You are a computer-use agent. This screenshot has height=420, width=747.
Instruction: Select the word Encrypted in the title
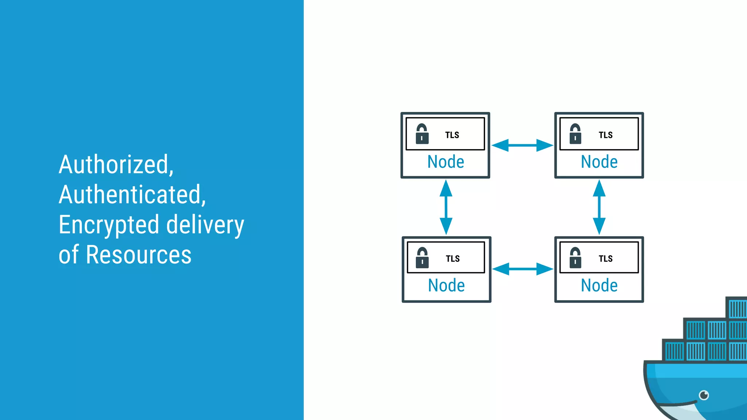(x=109, y=225)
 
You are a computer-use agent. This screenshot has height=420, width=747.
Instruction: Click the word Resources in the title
(x=139, y=255)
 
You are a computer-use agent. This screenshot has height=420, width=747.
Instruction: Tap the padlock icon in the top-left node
(x=422, y=134)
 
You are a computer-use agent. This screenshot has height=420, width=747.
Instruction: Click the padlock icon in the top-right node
(x=575, y=134)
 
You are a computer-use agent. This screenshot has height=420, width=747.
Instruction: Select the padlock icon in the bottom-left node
(x=422, y=258)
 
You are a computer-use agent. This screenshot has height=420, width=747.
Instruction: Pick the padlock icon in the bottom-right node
(x=575, y=258)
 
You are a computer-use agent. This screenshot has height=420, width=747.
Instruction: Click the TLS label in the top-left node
(x=452, y=135)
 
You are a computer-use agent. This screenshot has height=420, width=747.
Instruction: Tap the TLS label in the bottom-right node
(x=605, y=259)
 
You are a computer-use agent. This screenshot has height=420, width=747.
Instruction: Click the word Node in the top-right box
(x=599, y=162)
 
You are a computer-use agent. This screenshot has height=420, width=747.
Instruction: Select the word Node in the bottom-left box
(x=446, y=285)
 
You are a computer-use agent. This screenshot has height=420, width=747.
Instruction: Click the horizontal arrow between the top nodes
(x=522, y=145)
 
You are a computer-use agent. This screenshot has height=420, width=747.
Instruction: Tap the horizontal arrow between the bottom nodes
(x=523, y=269)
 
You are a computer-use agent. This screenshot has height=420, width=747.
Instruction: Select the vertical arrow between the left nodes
(x=446, y=207)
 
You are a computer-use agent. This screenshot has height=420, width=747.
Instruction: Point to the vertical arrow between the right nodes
(x=599, y=207)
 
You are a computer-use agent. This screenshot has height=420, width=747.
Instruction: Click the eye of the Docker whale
(x=704, y=395)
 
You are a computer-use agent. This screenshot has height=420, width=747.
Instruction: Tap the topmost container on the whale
(x=737, y=308)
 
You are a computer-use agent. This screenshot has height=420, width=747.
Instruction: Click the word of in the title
(x=69, y=255)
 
